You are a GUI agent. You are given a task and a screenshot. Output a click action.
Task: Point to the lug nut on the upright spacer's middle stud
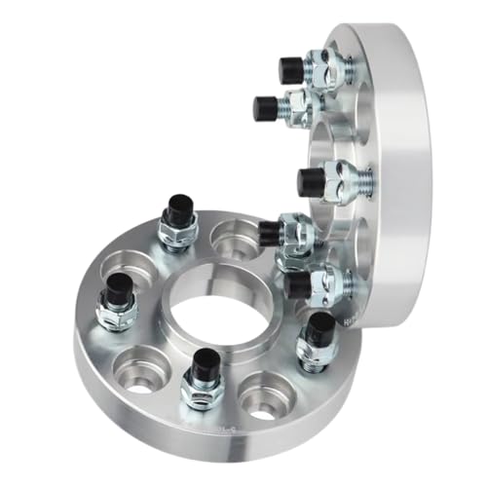(x=343, y=180)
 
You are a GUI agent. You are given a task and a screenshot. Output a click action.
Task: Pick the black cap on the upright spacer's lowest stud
(x=298, y=283)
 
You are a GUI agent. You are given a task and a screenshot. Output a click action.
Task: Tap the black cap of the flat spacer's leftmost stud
(x=119, y=287)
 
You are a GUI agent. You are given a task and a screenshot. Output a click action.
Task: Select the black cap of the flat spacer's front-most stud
(x=205, y=366)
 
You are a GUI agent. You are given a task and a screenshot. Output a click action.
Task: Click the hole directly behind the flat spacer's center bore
(x=232, y=237)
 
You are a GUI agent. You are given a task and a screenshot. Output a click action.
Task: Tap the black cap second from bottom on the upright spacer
(x=271, y=232)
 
